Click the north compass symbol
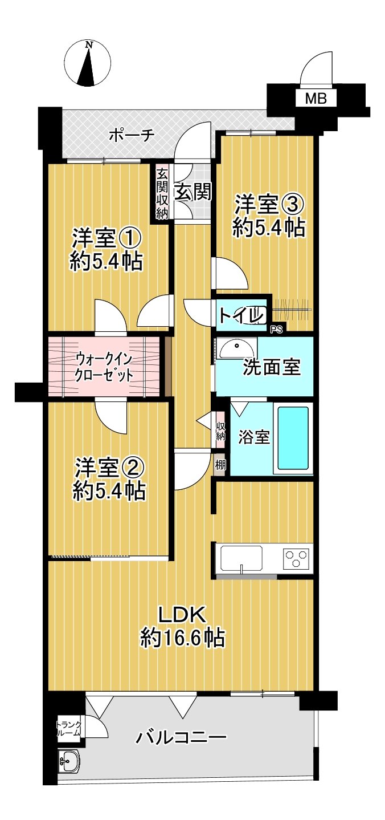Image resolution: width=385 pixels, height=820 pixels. click(87, 63)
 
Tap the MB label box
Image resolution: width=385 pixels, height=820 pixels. click(316, 99)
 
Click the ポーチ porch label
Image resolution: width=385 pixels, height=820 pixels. click(131, 136)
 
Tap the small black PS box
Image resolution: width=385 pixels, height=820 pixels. click(277, 328)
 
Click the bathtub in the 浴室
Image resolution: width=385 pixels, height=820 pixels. click(293, 438)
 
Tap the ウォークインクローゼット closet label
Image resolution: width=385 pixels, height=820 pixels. click(104, 367)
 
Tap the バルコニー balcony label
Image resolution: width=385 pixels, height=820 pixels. click(181, 738)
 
